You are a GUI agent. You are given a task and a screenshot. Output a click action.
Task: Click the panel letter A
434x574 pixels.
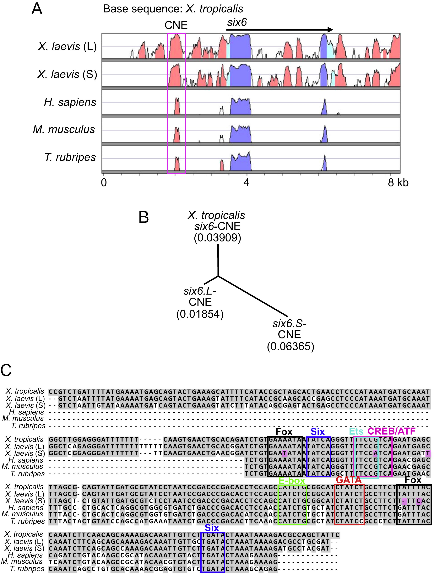click(37, 9)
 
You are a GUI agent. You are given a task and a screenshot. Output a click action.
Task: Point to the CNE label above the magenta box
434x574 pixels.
click(176, 25)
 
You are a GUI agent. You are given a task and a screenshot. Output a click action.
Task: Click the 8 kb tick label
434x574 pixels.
click(398, 183)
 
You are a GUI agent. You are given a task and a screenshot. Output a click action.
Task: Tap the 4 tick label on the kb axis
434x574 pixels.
click(246, 183)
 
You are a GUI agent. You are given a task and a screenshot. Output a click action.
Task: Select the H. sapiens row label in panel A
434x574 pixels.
click(70, 102)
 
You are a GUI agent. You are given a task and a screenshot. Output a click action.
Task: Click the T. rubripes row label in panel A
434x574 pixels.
click(70, 157)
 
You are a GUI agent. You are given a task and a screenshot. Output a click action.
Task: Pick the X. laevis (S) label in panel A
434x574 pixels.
click(67, 74)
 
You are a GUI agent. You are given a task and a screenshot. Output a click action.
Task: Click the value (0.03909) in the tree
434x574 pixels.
click(218, 238)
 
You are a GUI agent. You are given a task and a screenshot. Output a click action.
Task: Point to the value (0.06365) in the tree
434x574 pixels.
click(290, 346)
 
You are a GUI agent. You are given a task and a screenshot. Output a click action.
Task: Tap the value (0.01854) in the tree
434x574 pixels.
click(200, 314)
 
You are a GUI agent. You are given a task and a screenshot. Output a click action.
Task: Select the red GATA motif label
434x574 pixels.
click(349, 480)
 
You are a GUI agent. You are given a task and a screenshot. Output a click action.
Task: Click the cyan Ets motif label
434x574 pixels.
click(356, 431)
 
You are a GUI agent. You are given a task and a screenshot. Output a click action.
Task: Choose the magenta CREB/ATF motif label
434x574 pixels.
click(391, 431)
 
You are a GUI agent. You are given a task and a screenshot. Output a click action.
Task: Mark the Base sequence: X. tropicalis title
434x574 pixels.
click(173, 9)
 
